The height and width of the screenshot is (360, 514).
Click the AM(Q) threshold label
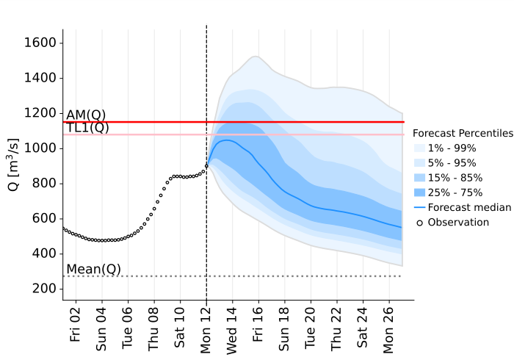(86, 115)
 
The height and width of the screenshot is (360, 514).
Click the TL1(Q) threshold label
(87, 128)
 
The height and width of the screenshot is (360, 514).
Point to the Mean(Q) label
(93, 270)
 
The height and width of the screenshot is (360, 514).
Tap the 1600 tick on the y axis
(41, 43)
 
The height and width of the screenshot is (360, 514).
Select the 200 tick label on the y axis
(46, 289)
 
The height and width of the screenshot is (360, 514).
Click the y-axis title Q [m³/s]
(14, 166)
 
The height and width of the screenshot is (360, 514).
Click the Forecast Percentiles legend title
(462, 134)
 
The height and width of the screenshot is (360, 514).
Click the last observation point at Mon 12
(206, 166)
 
